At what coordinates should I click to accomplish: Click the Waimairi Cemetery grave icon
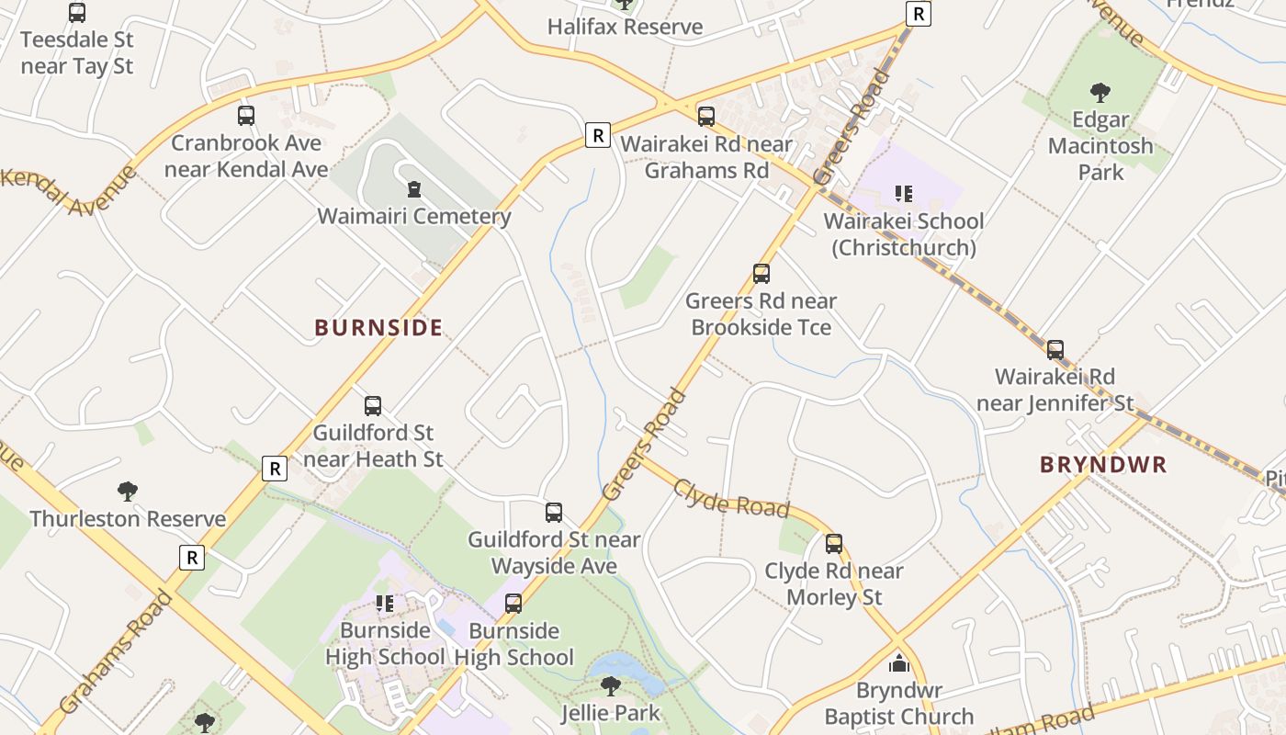coord(414,189)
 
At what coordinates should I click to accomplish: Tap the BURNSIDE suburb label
coord(378,328)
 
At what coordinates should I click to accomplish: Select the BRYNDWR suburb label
coord(1103,465)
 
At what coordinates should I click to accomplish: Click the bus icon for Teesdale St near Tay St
coord(77,13)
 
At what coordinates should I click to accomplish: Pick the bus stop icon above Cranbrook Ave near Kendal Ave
coord(246,116)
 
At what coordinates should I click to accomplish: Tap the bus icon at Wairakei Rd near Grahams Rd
coord(706,117)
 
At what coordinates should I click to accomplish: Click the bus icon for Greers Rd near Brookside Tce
coord(761,274)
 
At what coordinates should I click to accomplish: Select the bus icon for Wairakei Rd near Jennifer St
coord(1055,350)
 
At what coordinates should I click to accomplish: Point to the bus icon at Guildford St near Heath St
coord(373,406)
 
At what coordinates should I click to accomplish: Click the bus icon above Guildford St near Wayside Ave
coord(554,513)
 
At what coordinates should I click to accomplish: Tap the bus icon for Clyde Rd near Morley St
coord(834,544)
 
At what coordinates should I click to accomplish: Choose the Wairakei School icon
coord(904,194)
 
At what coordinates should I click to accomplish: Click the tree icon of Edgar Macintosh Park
coord(1100,92)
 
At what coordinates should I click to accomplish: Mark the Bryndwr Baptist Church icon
coord(899,663)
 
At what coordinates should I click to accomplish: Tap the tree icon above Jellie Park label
coord(610,685)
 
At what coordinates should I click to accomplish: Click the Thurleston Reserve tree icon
coord(128,492)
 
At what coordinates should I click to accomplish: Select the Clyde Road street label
coord(731,498)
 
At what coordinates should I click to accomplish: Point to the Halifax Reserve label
coord(625,27)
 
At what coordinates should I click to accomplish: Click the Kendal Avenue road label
coord(69,188)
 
